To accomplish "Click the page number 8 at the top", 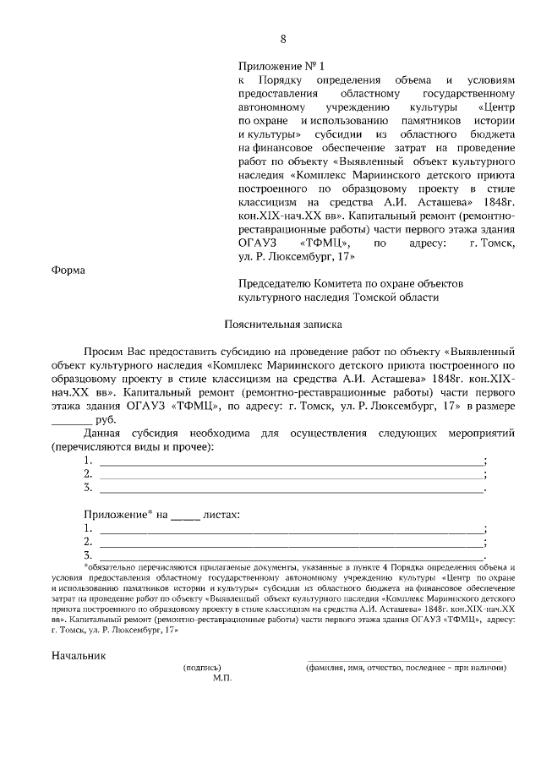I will (x=283, y=39).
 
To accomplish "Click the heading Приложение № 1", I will (x=281, y=65).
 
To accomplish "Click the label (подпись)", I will (x=202, y=668).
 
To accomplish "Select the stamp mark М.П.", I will (x=222, y=679).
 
